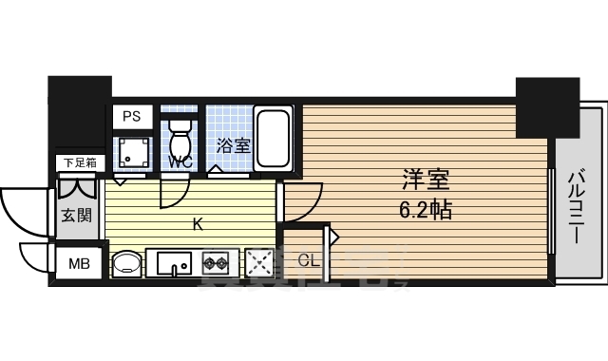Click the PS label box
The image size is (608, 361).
131,117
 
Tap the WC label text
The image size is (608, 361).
180,161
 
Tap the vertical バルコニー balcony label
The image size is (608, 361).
577,206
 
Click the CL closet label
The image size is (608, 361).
308,259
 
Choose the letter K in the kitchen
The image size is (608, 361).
198,225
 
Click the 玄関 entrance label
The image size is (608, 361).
77,215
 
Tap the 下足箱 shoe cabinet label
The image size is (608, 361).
78,162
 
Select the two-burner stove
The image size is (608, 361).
216,261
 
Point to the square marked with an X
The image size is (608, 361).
259,261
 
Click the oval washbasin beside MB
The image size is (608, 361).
125,262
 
